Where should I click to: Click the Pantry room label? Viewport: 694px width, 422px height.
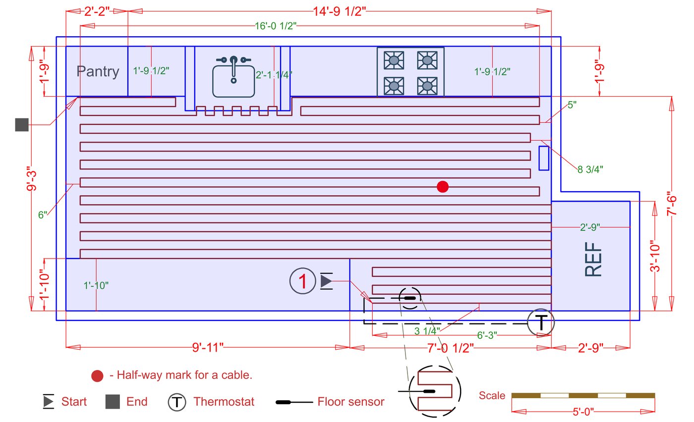[98, 72]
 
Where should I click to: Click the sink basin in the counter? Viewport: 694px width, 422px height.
[233, 80]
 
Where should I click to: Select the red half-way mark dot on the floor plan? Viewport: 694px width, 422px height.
[443, 187]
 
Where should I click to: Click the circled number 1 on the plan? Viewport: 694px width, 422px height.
[302, 281]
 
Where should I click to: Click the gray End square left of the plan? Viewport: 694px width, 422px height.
[21, 125]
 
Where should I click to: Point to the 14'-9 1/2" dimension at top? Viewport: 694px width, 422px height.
[340, 11]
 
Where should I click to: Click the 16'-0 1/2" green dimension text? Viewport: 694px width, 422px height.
[275, 26]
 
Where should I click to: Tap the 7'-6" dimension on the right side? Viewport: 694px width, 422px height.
[672, 203]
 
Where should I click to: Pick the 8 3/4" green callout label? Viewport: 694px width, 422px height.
[590, 169]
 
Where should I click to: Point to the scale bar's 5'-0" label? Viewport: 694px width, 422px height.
[582, 412]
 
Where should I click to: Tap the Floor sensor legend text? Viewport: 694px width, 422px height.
[350, 401]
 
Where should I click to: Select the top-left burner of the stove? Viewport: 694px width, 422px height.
[394, 60]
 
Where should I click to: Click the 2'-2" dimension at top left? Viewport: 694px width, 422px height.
[97, 11]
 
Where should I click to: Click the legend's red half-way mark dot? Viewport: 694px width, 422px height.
[97, 375]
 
